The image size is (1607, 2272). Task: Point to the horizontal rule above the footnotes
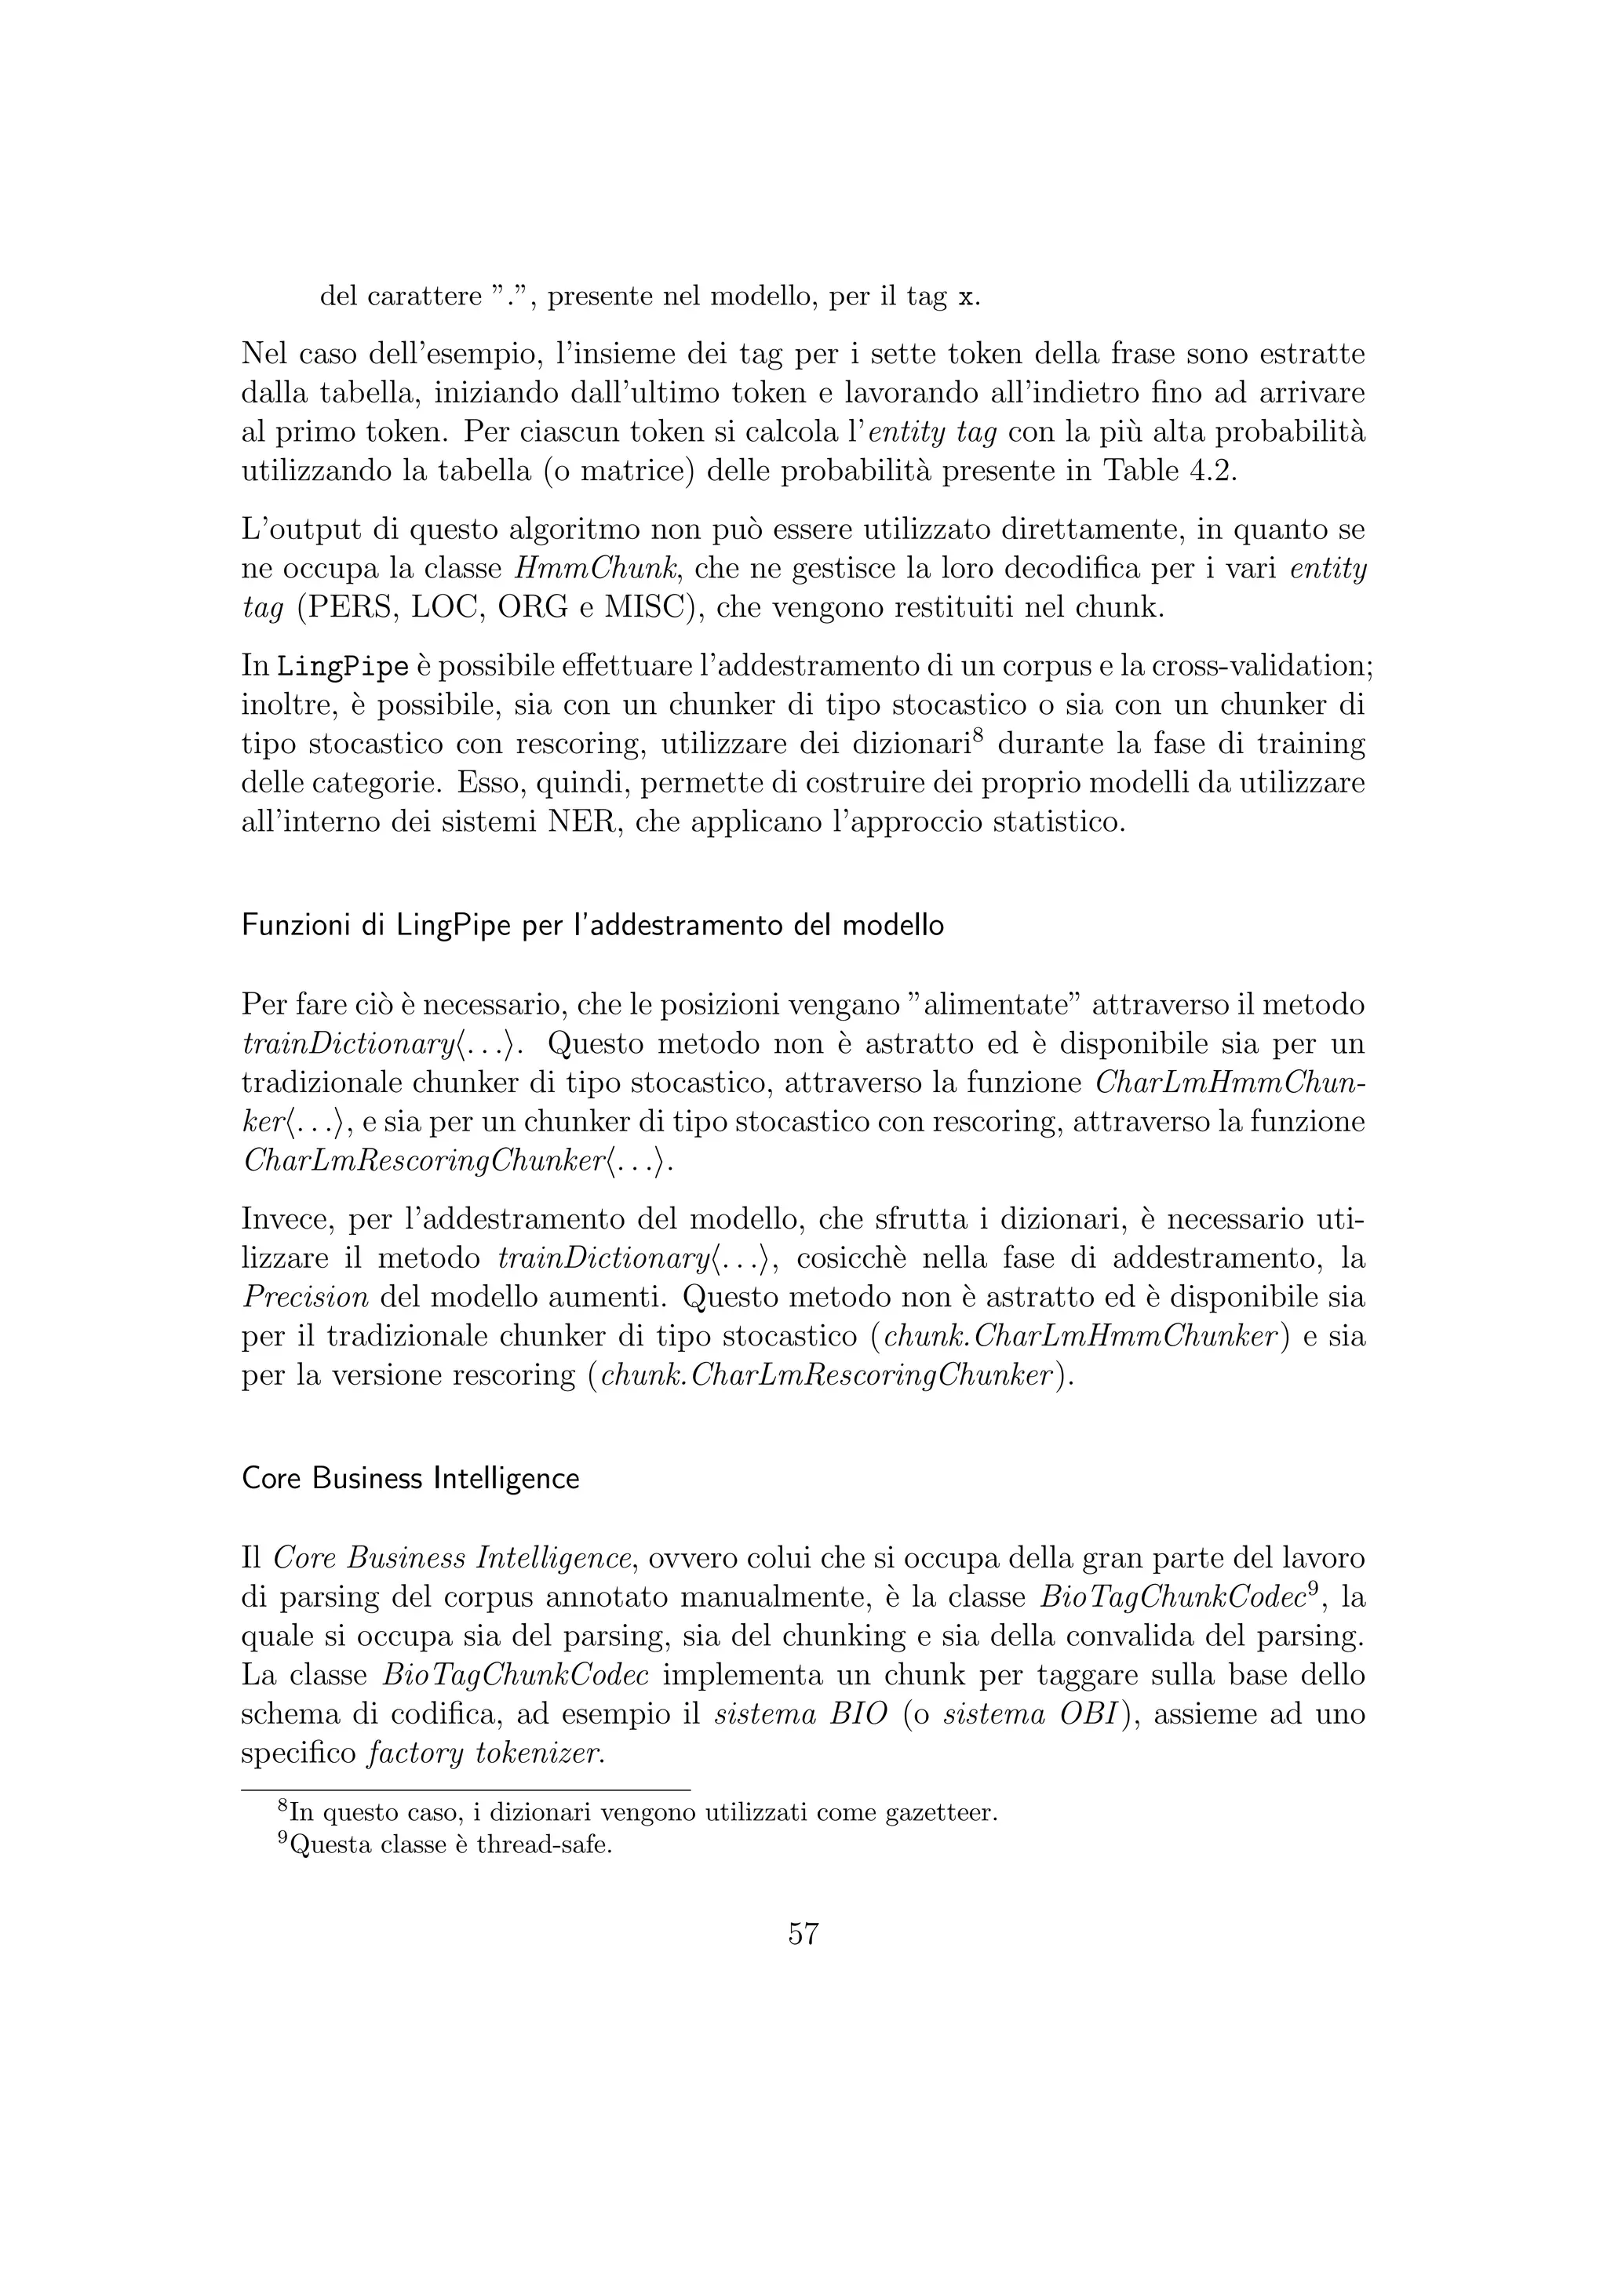[465, 1790]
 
